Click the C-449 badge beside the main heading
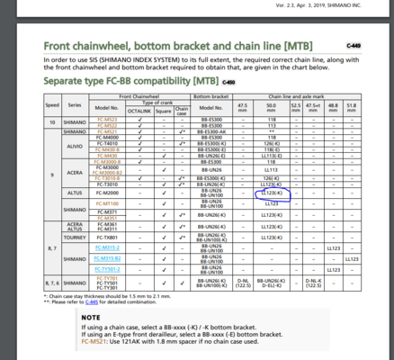pyautogui.click(x=352, y=42)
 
